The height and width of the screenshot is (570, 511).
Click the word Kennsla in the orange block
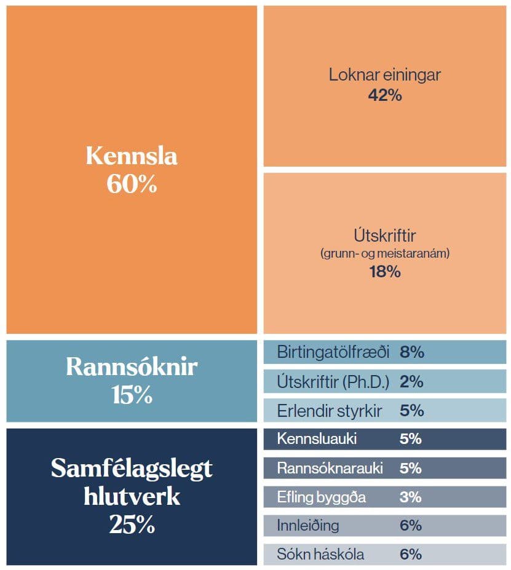pyautogui.click(x=132, y=156)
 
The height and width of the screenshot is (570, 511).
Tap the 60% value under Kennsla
pyautogui.click(x=132, y=184)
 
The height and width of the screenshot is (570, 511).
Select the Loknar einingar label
pyautogui.click(x=385, y=75)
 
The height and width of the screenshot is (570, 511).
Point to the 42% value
pyautogui.click(x=385, y=95)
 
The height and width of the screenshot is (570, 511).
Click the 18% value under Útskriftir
pyautogui.click(x=385, y=271)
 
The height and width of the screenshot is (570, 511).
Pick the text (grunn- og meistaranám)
pyautogui.click(x=385, y=253)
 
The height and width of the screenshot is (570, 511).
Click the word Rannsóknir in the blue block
pyautogui.click(x=132, y=367)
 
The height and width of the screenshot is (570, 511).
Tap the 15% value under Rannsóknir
pyautogui.click(x=132, y=395)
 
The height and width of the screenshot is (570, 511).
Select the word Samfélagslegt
pyautogui.click(x=132, y=469)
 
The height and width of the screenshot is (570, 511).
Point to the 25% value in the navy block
pyautogui.click(x=132, y=525)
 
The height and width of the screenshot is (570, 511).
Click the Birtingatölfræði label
pyautogui.click(x=333, y=352)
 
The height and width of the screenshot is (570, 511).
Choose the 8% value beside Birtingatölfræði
pyautogui.click(x=412, y=352)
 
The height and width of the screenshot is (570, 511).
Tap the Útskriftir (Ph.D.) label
pyautogui.click(x=333, y=381)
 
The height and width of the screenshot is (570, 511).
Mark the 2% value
pyautogui.click(x=411, y=381)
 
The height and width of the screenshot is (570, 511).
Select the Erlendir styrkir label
pyautogui.click(x=330, y=410)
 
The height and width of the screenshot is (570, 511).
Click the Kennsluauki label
pyautogui.click(x=317, y=439)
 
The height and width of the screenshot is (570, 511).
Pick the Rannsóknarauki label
pyautogui.click(x=330, y=468)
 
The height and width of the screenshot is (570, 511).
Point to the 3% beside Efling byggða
pyautogui.click(x=410, y=497)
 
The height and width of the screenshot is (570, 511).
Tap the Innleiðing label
pyautogui.click(x=307, y=526)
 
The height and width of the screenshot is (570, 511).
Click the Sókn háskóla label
pyautogui.click(x=320, y=555)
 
